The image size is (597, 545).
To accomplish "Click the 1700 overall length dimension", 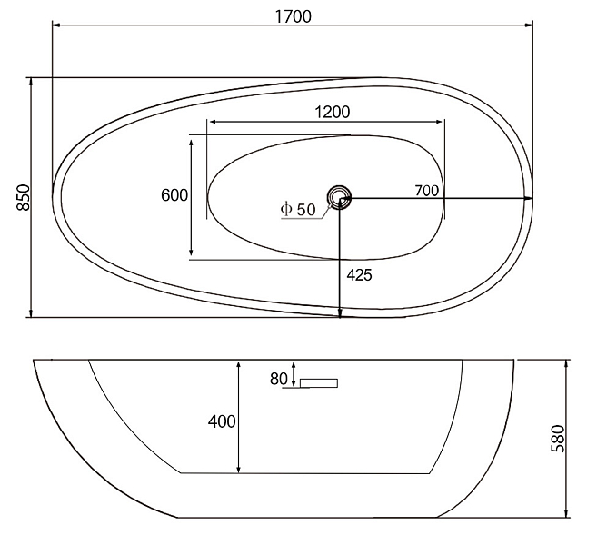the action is [x=294, y=16].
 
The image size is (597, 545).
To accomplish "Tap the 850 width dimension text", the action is [x=24, y=197].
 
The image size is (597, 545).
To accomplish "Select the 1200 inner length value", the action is [x=333, y=113].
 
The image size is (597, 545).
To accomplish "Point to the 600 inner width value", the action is [x=174, y=195].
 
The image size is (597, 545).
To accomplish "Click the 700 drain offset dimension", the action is [x=426, y=190].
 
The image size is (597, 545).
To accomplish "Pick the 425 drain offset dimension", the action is [x=359, y=274].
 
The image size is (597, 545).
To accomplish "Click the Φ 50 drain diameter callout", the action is [x=298, y=209].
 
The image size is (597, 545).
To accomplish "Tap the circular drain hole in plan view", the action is [x=338, y=197].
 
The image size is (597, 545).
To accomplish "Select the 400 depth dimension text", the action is [x=222, y=421].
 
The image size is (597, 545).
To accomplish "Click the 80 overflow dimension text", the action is [x=279, y=379].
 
